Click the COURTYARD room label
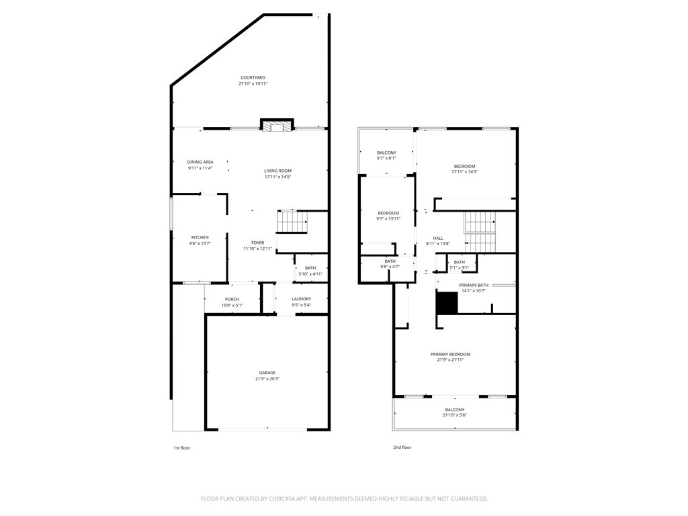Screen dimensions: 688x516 coord(253,78)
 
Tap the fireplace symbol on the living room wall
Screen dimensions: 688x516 coord(277,125)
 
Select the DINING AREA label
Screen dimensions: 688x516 coord(200,162)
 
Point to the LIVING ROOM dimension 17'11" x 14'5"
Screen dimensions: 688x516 coord(277,177)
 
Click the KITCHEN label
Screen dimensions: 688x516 coord(200,237)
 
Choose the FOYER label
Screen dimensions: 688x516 coord(257,243)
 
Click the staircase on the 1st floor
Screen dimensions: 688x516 coord(292,222)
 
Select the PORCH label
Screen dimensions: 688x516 coord(232,299)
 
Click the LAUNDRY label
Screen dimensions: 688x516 coord(302,299)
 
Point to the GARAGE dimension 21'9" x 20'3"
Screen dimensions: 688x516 coord(267,379)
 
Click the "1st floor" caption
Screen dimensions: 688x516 coord(181,448)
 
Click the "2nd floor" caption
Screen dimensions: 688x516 coord(402,447)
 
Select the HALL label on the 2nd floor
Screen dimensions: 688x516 coord(438,239)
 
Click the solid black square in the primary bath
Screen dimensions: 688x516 coord(447,303)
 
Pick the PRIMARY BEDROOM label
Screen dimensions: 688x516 coord(450,354)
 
